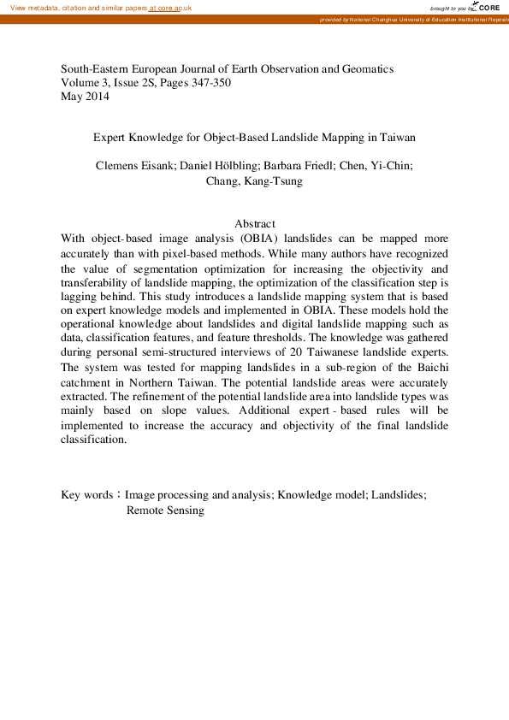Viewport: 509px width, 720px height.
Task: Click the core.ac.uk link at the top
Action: click(171, 8)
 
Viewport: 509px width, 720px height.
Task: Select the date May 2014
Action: click(85, 96)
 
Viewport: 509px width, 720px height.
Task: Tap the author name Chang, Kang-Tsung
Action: click(254, 180)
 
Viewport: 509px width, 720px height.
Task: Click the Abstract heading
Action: click(254, 224)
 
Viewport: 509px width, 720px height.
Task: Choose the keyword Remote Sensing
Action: click(165, 510)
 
